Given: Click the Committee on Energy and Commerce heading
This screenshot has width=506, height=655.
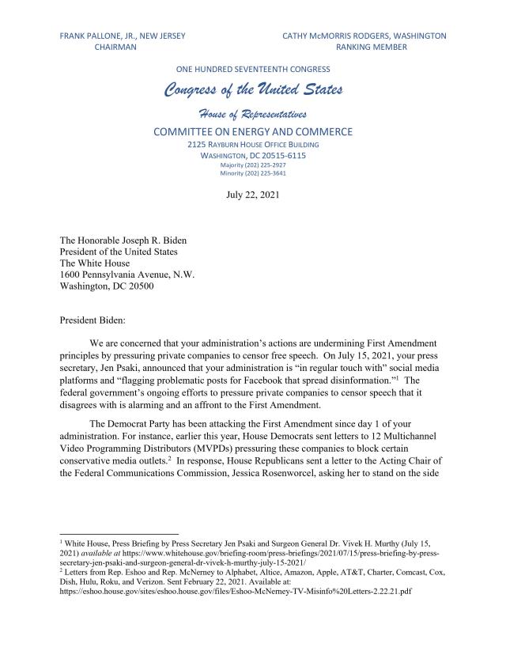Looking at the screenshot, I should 253,131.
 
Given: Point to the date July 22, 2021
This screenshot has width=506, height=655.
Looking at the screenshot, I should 253,193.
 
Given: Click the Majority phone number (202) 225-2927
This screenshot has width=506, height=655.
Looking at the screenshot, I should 253,165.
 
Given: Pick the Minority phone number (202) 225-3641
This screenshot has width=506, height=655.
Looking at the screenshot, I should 253,172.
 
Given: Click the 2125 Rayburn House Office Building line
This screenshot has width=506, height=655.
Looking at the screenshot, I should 253,146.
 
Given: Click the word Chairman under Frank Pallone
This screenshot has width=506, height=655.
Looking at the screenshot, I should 115,47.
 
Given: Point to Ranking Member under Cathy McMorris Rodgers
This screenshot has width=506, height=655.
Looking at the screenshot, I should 371,47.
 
